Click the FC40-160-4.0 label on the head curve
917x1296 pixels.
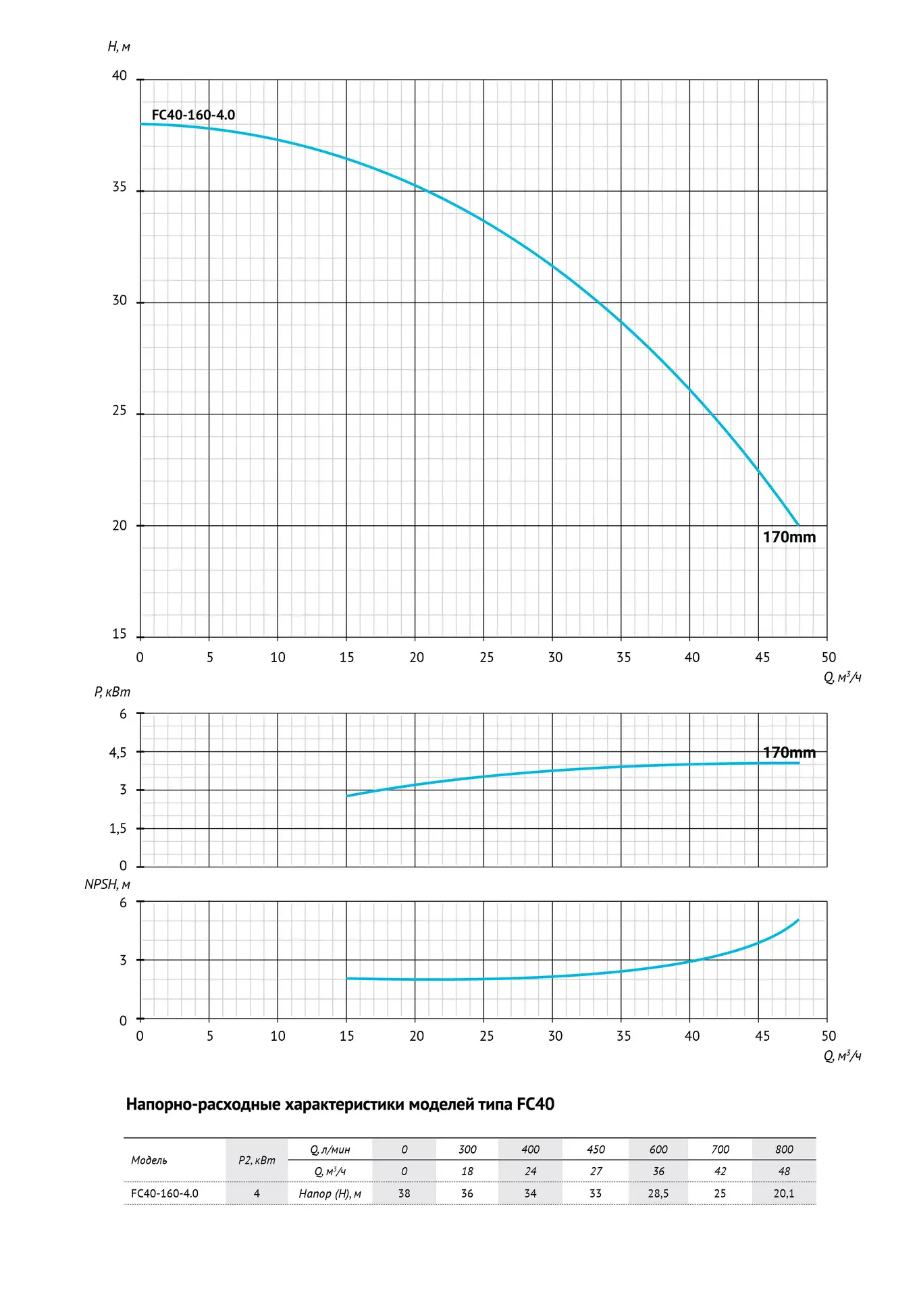(193, 115)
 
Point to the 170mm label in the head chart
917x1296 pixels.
(789, 537)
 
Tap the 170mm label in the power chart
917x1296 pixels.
(789, 753)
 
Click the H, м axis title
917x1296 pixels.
(119, 47)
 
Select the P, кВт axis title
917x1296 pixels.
(112, 692)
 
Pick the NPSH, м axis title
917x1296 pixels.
(107, 884)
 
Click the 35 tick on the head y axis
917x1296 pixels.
(120, 187)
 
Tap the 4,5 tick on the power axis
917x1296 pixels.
(118, 753)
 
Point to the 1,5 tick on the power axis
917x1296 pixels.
(118, 829)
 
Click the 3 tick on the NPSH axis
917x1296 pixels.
(123, 960)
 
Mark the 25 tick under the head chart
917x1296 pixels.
(487, 657)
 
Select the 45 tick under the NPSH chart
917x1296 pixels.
(762, 1036)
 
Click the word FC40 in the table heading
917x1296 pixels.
(535, 1104)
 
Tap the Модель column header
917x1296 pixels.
(149, 1160)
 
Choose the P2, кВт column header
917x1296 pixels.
(257, 1160)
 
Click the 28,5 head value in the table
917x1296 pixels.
(658, 1193)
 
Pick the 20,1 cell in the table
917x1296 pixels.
(784, 1193)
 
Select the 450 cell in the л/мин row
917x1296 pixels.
(596, 1150)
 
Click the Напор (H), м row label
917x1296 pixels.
(330, 1194)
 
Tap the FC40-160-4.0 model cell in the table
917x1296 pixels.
(165, 1193)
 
